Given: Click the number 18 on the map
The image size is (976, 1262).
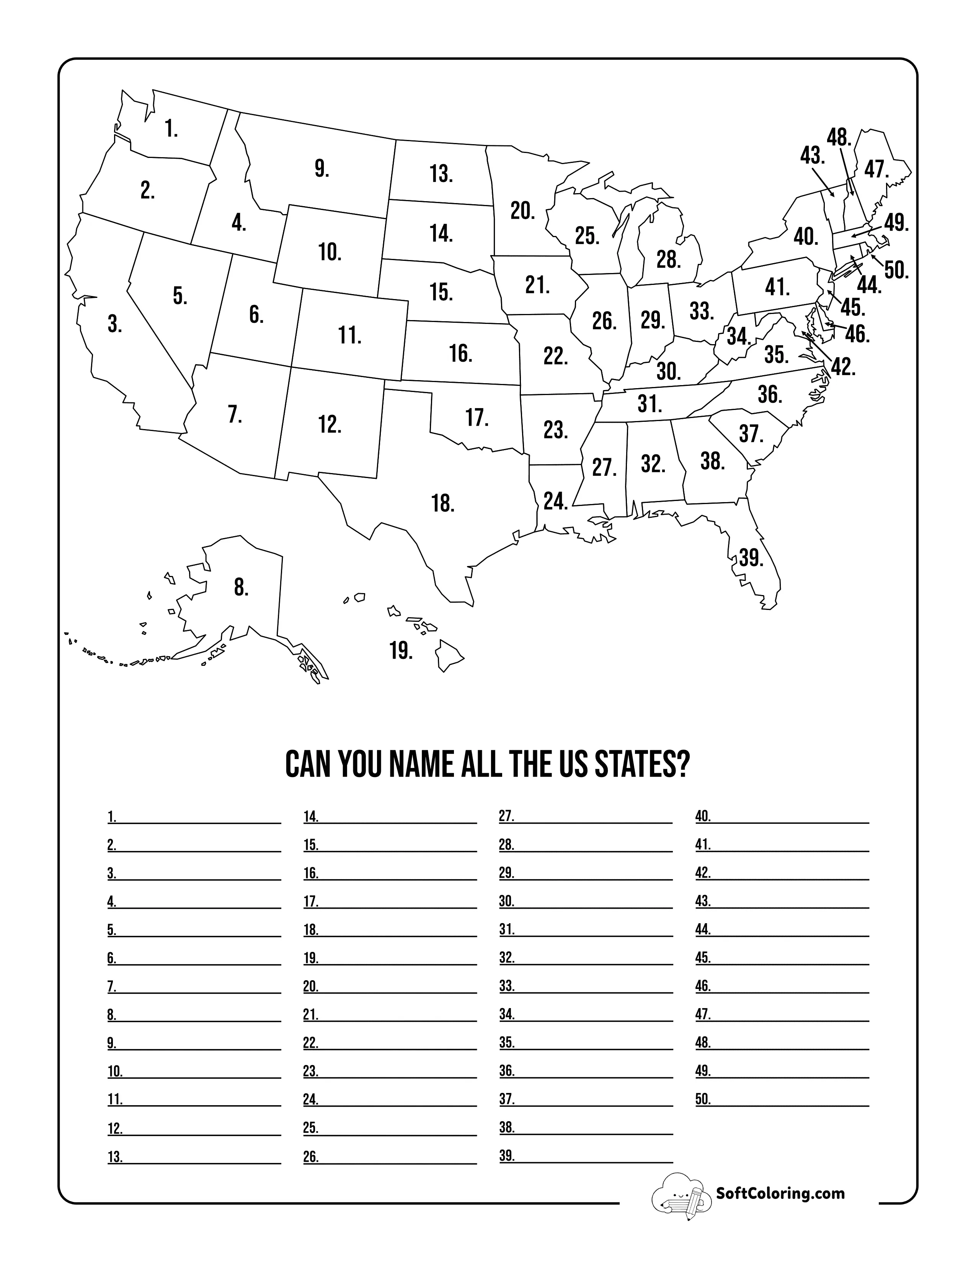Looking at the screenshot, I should tap(443, 503).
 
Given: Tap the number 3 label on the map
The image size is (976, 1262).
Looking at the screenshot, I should tap(114, 324).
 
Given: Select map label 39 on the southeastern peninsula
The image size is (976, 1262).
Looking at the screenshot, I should tap(751, 558).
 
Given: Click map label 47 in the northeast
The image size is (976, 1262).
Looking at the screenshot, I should tap(876, 170).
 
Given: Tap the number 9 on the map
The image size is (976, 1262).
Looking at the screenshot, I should tap(322, 169).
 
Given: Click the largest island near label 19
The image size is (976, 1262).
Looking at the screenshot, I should tap(448, 654).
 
